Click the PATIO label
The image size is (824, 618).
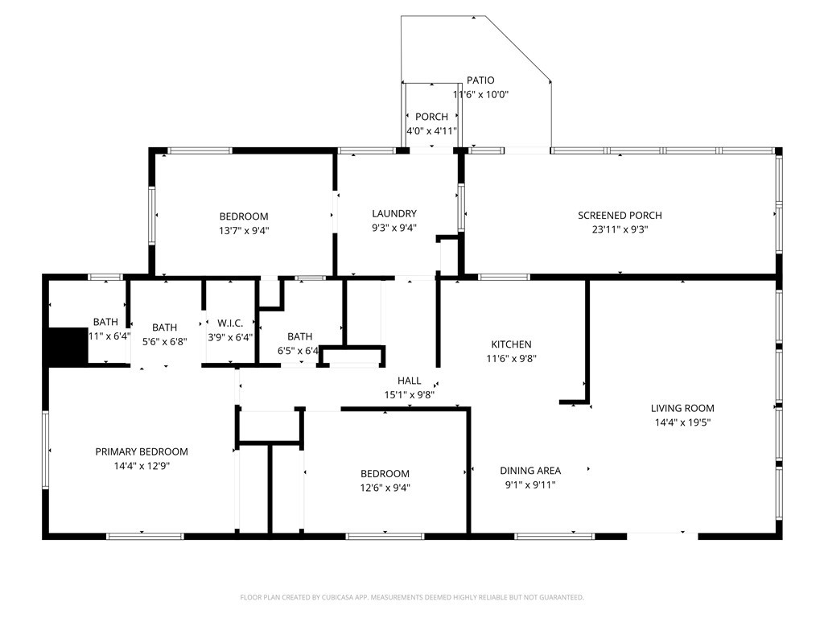(x=480, y=80)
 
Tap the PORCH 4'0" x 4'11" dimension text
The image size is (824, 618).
(x=431, y=130)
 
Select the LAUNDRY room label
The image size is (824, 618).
(x=394, y=213)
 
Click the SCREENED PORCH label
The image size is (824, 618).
(x=620, y=215)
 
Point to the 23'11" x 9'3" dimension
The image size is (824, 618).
(x=620, y=229)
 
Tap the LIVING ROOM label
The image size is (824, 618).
(x=682, y=408)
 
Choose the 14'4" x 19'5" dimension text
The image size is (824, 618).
(x=682, y=422)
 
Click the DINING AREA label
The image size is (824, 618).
(x=530, y=471)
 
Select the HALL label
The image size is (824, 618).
(x=409, y=381)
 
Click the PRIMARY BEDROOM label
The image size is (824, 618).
(x=142, y=451)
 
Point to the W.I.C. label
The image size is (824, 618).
(x=230, y=323)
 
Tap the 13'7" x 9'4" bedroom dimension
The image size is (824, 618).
(x=244, y=230)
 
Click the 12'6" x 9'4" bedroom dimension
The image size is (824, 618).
(x=385, y=487)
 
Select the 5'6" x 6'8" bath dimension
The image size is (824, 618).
(x=165, y=341)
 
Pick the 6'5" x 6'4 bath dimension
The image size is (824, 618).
(x=299, y=351)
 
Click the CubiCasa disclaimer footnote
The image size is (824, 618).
(x=412, y=597)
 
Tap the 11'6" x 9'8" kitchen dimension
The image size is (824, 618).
(x=511, y=359)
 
